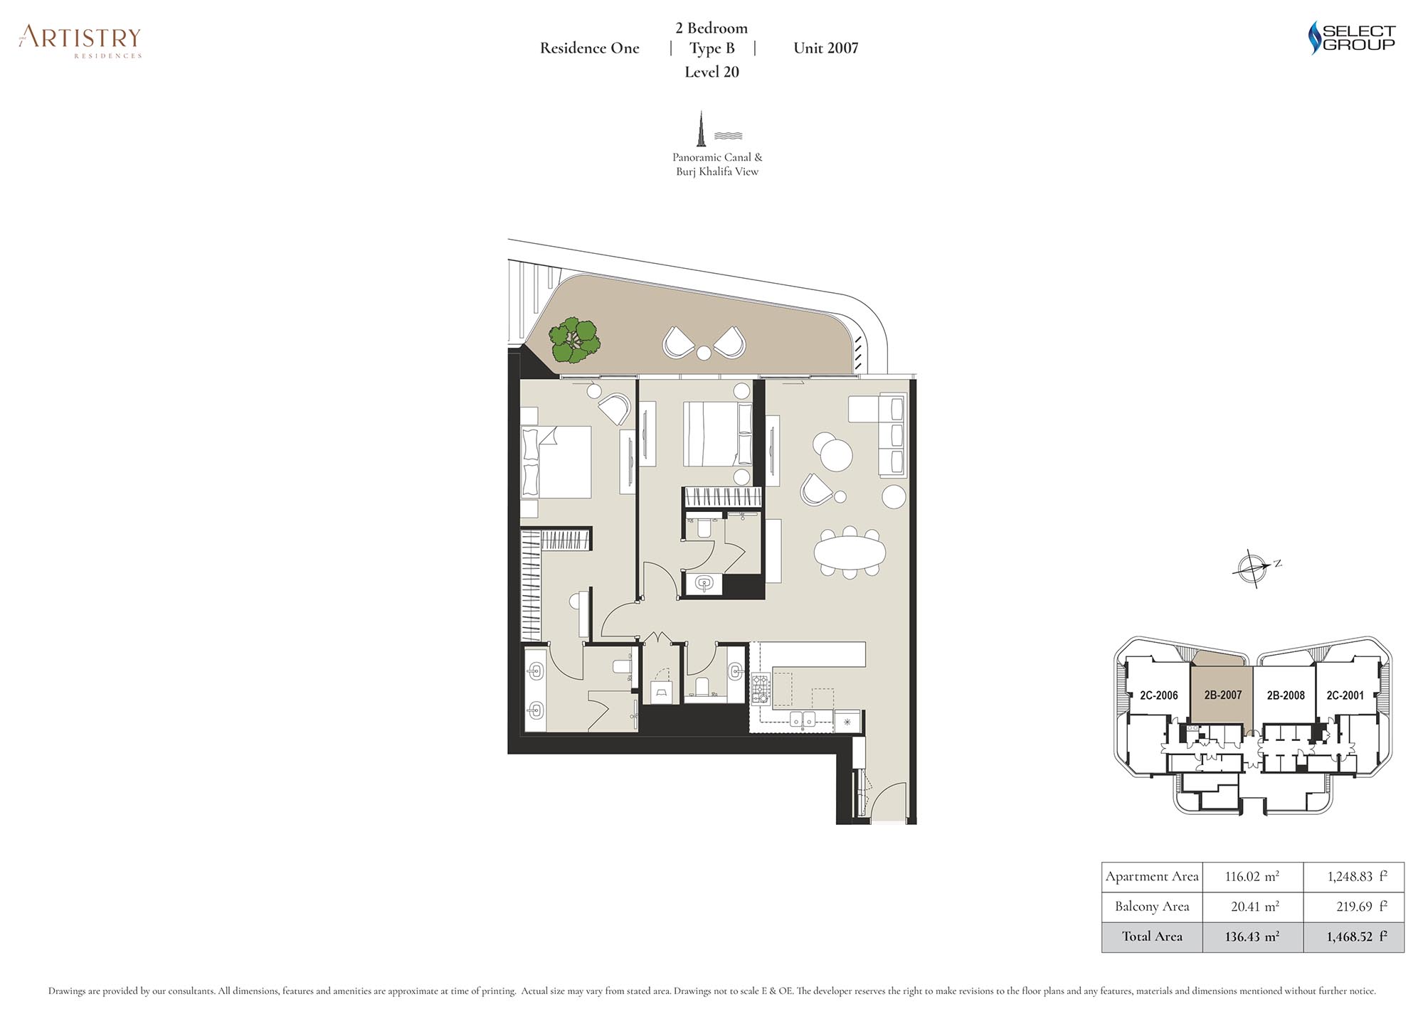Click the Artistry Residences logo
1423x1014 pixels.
[80, 41]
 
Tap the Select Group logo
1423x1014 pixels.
[1352, 38]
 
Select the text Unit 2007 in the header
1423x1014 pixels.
[826, 48]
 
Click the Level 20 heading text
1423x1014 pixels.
[711, 72]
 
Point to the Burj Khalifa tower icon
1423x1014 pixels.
[702, 129]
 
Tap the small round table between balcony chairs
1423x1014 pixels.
[704, 353]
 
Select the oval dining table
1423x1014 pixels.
[850, 552]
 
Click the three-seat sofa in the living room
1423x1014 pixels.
[892, 436]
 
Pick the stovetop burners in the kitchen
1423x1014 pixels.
[761, 688]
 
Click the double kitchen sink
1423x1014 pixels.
[803, 719]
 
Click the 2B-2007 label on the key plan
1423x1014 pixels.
[1222, 695]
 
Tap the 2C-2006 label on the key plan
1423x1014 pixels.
[1159, 695]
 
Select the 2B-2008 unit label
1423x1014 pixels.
[1286, 695]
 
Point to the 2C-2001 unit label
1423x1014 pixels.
[1345, 695]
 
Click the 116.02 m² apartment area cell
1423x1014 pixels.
[1252, 877]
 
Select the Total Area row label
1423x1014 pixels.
[1152, 936]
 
